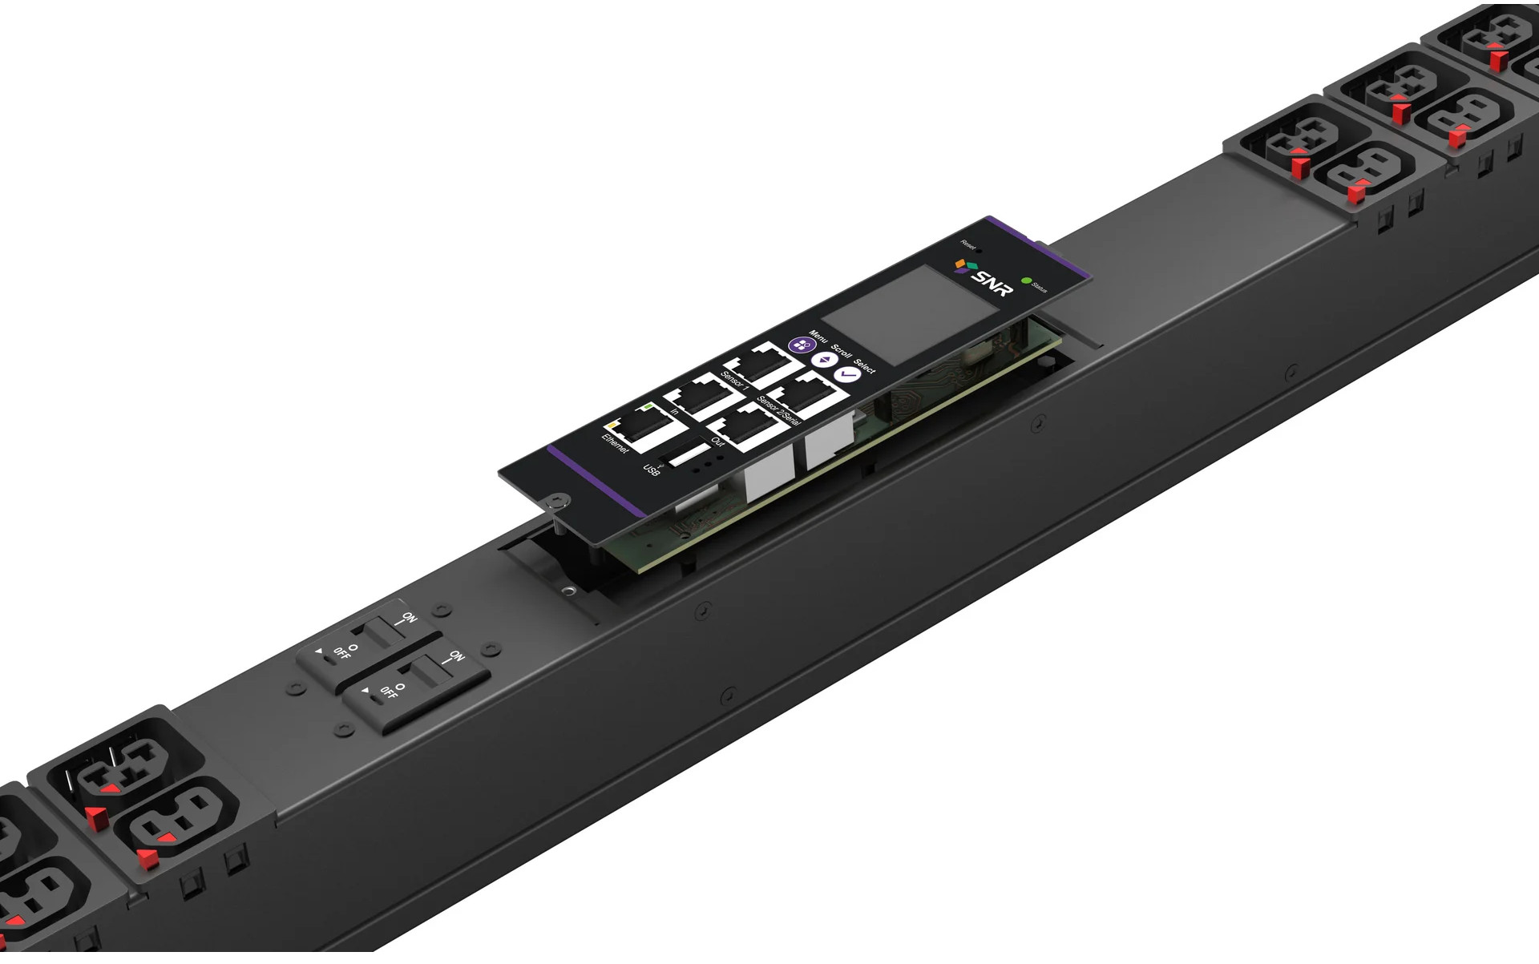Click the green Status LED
coord(1026,282)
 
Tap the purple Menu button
coord(799,345)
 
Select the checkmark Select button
coord(846,374)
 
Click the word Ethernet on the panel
coord(615,444)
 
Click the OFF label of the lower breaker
coord(388,692)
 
